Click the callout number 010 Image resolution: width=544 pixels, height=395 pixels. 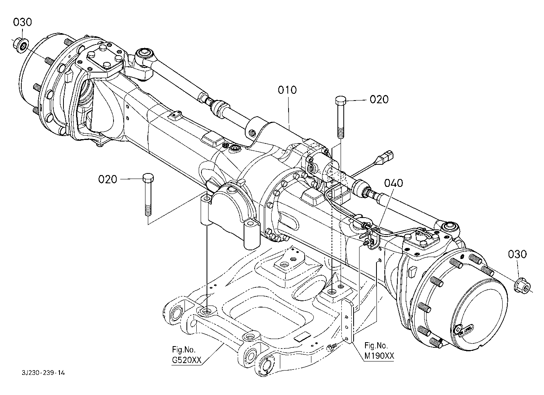[287, 90]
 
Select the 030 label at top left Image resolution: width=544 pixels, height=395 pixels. [22, 22]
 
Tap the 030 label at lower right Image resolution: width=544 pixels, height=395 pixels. [517, 254]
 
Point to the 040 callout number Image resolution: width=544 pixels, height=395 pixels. [393, 183]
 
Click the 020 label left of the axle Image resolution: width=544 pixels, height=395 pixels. [108, 179]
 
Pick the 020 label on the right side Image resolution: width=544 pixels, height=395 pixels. [379, 99]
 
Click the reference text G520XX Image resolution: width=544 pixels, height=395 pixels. [187, 360]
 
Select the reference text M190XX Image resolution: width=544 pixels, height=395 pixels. [379, 356]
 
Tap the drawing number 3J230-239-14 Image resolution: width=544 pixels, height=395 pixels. [43, 373]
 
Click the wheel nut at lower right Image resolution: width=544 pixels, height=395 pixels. [522, 288]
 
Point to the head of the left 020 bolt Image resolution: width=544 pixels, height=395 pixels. [148, 178]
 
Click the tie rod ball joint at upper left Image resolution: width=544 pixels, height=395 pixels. [144, 55]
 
